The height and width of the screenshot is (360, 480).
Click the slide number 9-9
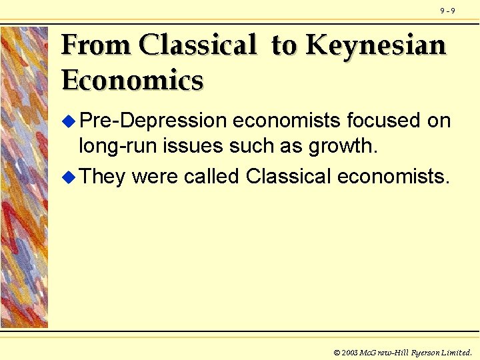coord(447,11)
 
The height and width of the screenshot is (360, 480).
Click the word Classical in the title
coord(199,45)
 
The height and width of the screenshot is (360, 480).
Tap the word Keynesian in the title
coord(375,45)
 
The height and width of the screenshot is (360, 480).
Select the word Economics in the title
coord(132,81)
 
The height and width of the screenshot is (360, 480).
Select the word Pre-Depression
coord(153,121)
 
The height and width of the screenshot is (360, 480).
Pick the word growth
coord(345,146)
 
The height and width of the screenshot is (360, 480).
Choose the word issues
coord(188,146)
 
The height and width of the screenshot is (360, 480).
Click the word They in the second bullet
coord(102,177)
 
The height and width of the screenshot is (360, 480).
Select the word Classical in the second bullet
coord(289,177)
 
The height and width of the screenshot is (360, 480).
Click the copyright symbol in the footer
coord(336,351)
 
